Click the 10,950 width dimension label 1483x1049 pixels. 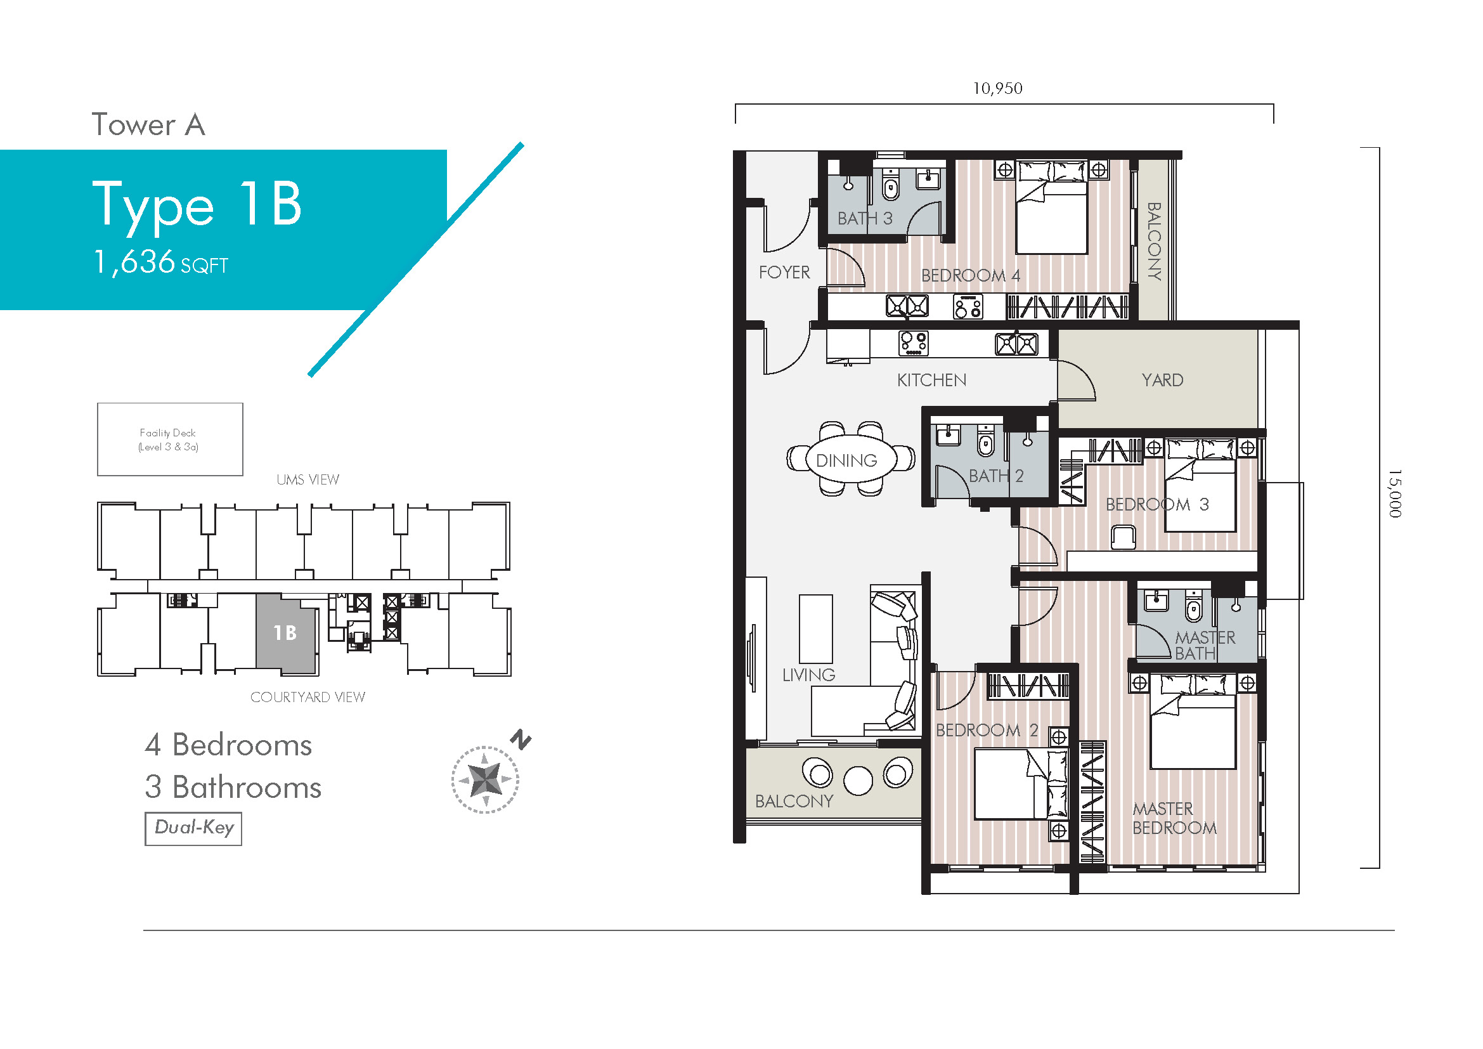click(x=997, y=89)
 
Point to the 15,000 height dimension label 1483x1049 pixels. click(x=1395, y=493)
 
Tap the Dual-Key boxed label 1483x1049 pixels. click(x=193, y=829)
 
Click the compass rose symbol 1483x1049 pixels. click(x=485, y=779)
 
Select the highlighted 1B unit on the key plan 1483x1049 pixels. click(x=285, y=633)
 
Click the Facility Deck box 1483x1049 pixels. click(x=170, y=440)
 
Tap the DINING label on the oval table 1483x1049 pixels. click(x=846, y=460)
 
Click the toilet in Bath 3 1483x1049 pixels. click(x=891, y=185)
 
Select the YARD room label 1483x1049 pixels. click(x=1162, y=380)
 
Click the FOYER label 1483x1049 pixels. click(x=784, y=273)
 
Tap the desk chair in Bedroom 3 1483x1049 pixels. click(x=1124, y=537)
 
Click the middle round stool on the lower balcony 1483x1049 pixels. click(x=858, y=780)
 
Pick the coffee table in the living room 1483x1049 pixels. click(x=816, y=629)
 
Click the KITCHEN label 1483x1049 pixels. click(x=931, y=381)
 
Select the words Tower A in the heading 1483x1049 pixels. click(x=148, y=125)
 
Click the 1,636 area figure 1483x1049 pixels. click(x=134, y=263)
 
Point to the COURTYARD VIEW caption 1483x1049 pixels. click(x=308, y=698)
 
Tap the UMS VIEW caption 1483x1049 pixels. click(x=308, y=480)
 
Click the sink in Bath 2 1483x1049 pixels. click(x=948, y=436)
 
